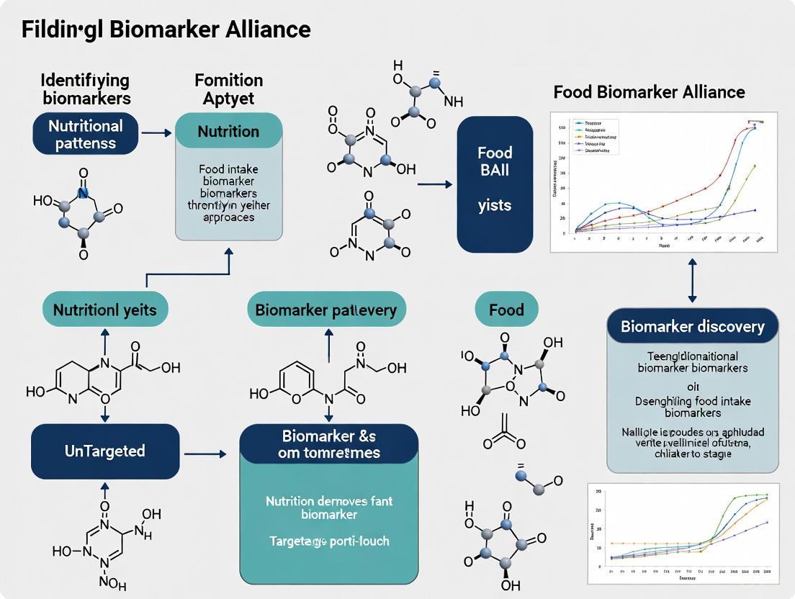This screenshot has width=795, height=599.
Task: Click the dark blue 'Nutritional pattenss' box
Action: [85, 134]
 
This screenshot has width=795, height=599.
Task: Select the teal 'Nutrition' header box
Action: [228, 131]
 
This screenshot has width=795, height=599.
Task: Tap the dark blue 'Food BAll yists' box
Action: [495, 184]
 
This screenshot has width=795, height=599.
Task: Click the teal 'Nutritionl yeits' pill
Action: [105, 310]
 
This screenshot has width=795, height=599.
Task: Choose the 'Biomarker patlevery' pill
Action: [326, 310]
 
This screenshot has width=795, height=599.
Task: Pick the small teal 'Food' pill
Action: [506, 310]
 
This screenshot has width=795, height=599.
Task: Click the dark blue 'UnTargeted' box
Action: [105, 451]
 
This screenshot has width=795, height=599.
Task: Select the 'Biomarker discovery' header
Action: [692, 326]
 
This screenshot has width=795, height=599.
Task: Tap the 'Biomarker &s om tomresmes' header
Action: [328, 444]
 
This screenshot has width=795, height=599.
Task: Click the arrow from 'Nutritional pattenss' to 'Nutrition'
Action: [156, 133]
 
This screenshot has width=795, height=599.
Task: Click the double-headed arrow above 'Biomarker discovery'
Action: [692, 280]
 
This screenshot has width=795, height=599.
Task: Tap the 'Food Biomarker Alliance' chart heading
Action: [649, 91]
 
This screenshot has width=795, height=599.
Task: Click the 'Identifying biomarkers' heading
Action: [85, 89]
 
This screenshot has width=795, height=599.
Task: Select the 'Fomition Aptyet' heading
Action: [228, 89]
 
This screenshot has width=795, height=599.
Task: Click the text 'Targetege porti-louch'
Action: [329, 540]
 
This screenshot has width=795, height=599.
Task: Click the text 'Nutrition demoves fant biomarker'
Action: [329, 508]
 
